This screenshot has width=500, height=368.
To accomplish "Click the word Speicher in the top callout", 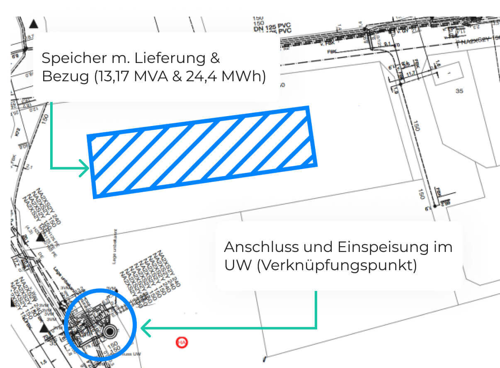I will pyautogui.click(x=66, y=58).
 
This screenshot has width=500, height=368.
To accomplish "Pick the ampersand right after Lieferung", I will pyautogui.click(x=215, y=58).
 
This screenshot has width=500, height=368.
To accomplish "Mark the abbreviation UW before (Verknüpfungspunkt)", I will pyautogui.click(x=238, y=266).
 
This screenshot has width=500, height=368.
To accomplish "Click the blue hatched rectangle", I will pyautogui.click(x=202, y=152).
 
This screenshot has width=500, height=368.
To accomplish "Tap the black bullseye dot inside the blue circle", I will pyautogui.click(x=109, y=331).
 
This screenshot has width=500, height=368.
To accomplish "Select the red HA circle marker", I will pyautogui.click(x=182, y=342).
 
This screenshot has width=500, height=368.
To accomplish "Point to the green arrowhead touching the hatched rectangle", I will pyautogui.click(x=85, y=169).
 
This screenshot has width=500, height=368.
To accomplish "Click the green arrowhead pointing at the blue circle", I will pyautogui.click(x=145, y=328).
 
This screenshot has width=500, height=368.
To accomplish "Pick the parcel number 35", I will pyautogui.click(x=459, y=91).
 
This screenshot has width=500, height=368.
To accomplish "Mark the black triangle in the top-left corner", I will pyautogui.click(x=34, y=24).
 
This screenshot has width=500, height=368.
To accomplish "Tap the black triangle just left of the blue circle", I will pyautogui.click(x=44, y=329).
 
